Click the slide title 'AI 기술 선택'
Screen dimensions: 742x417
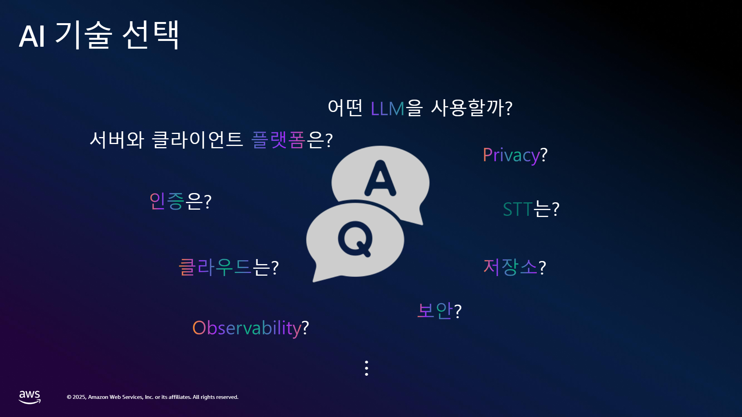click(99, 35)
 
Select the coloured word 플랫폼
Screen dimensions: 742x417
click(278, 140)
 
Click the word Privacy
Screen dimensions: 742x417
click(511, 156)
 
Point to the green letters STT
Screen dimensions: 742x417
click(518, 209)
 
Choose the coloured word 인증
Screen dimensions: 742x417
click(167, 201)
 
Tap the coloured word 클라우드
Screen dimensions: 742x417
click(215, 267)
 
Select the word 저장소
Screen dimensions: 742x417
click(510, 267)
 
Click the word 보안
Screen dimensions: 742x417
click(435, 310)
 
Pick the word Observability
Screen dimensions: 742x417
click(247, 328)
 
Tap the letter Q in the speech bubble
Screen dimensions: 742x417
click(355, 239)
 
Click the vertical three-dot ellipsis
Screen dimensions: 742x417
click(366, 368)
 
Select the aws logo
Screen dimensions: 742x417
click(30, 397)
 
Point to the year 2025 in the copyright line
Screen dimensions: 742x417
click(79, 397)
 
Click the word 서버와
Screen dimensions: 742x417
click(117, 140)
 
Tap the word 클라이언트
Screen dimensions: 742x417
click(197, 140)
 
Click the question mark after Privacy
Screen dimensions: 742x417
click(544, 154)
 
